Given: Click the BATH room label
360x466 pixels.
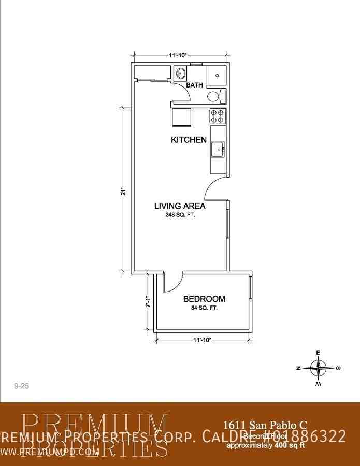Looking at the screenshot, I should (x=194, y=85).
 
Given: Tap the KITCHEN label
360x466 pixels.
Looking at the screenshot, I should (x=189, y=140).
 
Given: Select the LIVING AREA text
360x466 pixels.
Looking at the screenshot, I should (x=180, y=206).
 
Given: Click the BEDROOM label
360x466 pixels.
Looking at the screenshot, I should (x=204, y=299).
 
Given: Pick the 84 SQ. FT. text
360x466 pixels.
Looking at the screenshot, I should (x=204, y=308).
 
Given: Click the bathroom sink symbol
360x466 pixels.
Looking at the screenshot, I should (x=181, y=73).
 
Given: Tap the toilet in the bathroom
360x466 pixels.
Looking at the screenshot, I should (x=215, y=96).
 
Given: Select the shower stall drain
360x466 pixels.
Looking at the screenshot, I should (x=217, y=75).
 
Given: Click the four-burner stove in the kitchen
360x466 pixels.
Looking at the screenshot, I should (x=217, y=116).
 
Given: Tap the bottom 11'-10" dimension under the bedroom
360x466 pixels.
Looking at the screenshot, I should (x=202, y=340).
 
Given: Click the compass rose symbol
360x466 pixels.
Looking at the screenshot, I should (x=318, y=368).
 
